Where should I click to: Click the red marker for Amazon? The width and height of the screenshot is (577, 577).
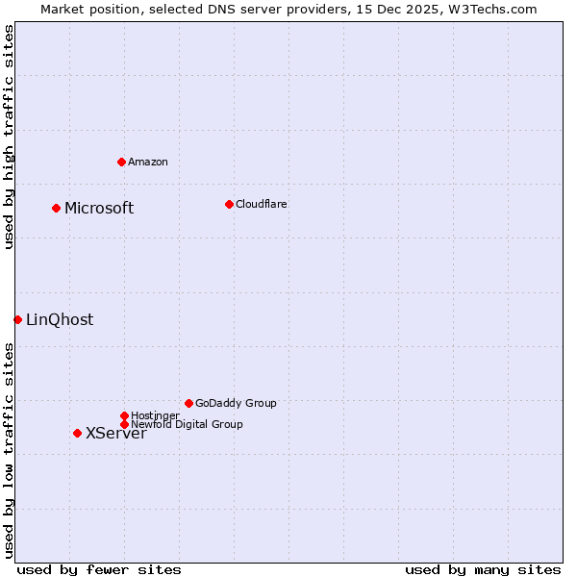tap(121, 162)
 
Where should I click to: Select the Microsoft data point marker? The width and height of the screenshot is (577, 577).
tap(56, 208)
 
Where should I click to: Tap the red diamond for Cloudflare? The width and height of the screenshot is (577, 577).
tap(229, 204)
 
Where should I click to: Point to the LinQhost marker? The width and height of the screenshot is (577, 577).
tap(17, 319)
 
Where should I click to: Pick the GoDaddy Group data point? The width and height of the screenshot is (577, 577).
tap(188, 403)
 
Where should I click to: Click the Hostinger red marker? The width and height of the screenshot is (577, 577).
tap(124, 415)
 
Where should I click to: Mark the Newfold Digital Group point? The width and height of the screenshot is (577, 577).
tap(124, 424)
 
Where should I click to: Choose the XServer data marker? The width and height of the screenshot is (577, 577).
tap(77, 433)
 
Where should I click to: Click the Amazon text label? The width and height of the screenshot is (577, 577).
tap(148, 162)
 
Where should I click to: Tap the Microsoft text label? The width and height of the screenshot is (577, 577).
tap(99, 208)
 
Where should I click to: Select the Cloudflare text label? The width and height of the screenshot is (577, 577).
tap(261, 204)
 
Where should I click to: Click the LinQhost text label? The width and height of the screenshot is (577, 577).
tap(60, 320)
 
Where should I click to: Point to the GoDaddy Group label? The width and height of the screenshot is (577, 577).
tap(236, 403)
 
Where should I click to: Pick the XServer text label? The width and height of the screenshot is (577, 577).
tap(116, 434)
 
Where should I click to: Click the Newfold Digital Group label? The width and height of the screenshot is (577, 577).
tap(188, 424)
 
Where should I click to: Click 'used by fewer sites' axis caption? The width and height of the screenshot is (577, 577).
tap(99, 569)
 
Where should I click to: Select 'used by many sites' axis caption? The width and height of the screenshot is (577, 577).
tap(483, 569)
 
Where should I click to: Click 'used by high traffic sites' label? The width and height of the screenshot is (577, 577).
tap(9, 137)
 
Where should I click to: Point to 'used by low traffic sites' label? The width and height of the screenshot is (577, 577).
tap(9, 449)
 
